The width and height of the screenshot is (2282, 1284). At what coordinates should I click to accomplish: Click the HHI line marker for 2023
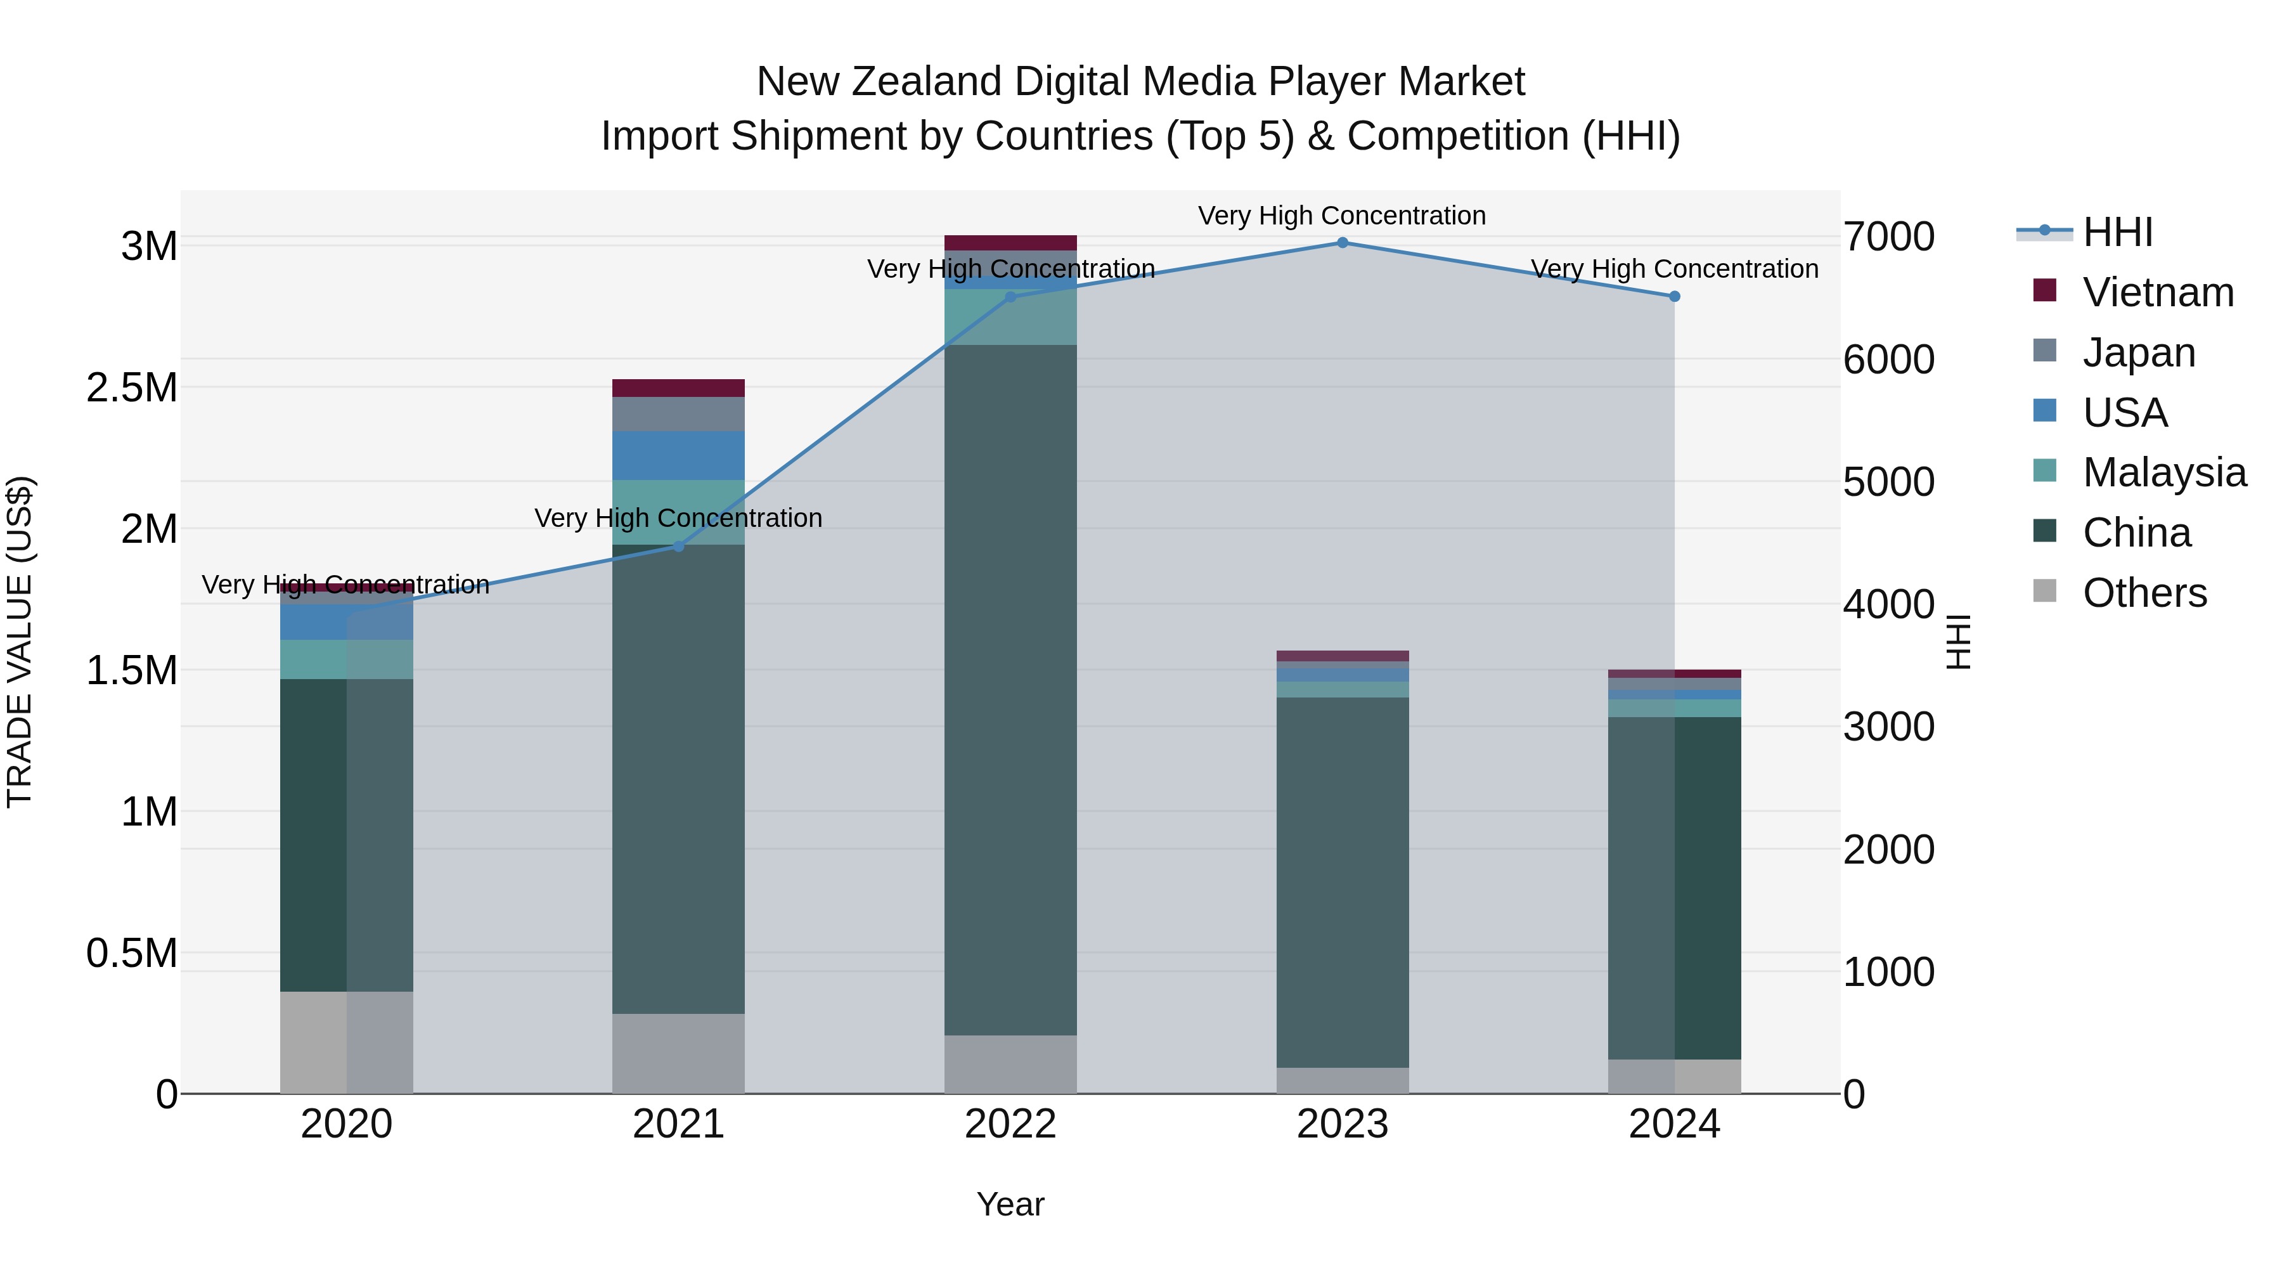[1342, 243]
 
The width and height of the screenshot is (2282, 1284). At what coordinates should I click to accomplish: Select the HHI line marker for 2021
[678, 547]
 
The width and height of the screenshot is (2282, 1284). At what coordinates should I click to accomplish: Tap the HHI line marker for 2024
[1674, 297]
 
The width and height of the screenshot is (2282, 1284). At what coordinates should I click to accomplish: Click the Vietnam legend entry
[2158, 292]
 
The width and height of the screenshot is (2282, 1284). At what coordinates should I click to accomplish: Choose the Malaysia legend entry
[2164, 472]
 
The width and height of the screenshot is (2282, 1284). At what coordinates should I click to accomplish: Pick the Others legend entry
[2144, 593]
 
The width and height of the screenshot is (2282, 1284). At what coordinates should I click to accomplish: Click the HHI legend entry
[2117, 232]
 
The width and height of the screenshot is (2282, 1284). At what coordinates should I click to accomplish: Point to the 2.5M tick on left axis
[132, 388]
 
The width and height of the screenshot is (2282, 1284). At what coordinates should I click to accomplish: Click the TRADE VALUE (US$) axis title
[20, 642]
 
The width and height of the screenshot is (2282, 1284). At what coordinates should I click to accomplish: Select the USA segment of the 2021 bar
[678, 455]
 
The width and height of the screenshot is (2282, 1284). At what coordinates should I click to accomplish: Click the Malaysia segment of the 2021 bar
[678, 512]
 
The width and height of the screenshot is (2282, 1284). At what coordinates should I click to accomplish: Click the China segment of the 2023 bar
[1342, 882]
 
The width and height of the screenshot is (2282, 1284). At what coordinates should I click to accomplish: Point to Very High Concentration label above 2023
[1342, 216]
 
